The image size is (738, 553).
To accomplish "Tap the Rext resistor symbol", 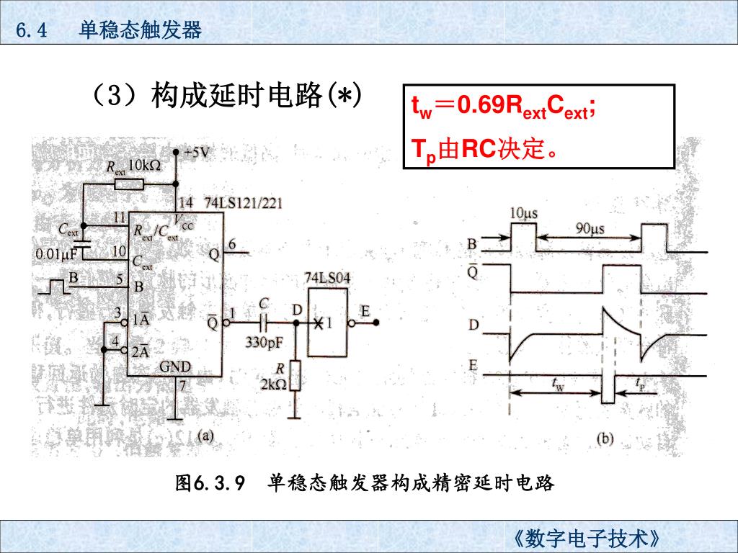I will [130, 184].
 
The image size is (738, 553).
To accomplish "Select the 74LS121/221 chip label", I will [243, 203].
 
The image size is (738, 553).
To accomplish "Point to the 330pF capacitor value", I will [264, 343].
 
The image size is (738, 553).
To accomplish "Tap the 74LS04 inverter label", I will [328, 277].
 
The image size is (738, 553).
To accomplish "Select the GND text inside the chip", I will [175, 367].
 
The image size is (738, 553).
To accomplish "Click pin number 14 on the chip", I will [187, 202].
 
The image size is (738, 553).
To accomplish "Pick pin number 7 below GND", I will [183, 385].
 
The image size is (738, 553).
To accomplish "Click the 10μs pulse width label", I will [524, 212].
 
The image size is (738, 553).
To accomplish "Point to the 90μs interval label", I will [589, 228].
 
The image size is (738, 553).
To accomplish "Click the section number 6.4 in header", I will [31, 31].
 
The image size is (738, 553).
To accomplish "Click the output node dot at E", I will [376, 323].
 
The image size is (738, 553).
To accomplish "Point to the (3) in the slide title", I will [115, 96].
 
